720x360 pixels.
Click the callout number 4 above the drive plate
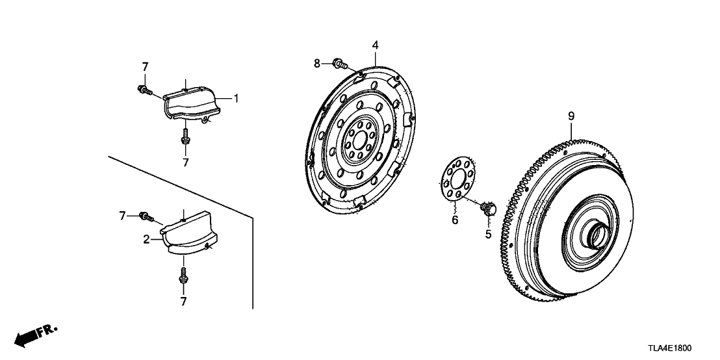pyautogui.click(x=375, y=45)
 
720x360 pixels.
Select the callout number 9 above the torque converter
pyautogui.click(x=571, y=116)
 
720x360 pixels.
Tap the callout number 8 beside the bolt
pyautogui.click(x=317, y=64)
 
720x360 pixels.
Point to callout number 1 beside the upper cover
pyautogui.click(x=236, y=98)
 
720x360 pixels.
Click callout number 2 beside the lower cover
pyautogui.click(x=146, y=238)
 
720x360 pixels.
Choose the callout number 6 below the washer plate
pyautogui.click(x=455, y=220)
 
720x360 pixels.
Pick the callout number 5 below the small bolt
pyautogui.click(x=488, y=234)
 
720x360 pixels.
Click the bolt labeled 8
pyautogui.click(x=341, y=64)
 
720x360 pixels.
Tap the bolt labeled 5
pyautogui.click(x=488, y=208)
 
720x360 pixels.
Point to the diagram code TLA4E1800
pyautogui.click(x=669, y=348)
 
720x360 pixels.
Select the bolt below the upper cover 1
pyautogui.click(x=185, y=137)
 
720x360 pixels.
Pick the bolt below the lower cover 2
pyautogui.click(x=183, y=275)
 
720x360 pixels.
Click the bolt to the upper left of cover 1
pyautogui.click(x=145, y=90)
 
